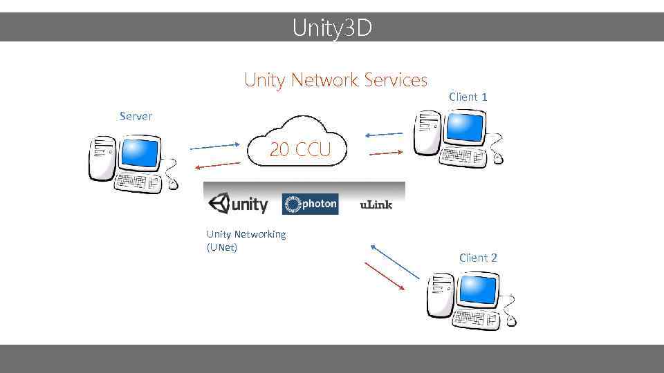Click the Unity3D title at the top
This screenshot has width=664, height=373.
[332, 28]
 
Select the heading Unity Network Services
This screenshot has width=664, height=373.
[335, 80]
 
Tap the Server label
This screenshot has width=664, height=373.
[136, 116]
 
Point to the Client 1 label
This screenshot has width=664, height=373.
[468, 97]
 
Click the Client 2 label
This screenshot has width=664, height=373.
[478, 258]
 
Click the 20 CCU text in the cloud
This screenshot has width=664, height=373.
[300, 149]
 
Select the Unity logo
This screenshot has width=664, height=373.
[238, 204]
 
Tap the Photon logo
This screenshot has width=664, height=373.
[311, 204]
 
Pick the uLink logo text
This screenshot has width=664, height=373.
[376, 205]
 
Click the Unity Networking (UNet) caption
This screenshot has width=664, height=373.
[246, 241]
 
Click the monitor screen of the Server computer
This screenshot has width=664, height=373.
[140, 153]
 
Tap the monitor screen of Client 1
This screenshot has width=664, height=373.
[464, 126]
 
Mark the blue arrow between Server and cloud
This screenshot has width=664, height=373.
[214, 146]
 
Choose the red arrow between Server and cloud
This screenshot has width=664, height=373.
[216, 165]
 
